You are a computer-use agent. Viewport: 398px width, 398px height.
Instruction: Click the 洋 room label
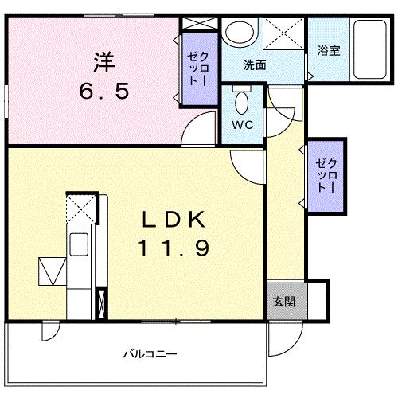click(x=104, y=63)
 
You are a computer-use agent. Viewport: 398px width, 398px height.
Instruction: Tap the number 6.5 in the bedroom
click(x=104, y=91)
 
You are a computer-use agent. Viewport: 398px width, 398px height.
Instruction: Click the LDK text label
click(x=174, y=219)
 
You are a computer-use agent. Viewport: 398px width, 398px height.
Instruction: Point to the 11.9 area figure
click(x=174, y=248)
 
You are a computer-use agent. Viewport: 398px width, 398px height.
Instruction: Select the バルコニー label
click(x=150, y=354)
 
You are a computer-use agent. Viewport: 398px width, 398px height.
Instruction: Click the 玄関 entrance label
click(x=284, y=302)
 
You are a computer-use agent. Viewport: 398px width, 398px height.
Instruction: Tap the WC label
click(x=243, y=125)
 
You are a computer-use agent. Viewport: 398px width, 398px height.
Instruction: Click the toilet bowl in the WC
click(x=241, y=103)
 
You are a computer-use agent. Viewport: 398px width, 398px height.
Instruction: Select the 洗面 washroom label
click(x=255, y=65)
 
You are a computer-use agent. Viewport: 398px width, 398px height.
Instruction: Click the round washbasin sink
click(x=239, y=32)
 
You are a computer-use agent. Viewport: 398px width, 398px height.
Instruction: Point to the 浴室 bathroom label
click(x=329, y=50)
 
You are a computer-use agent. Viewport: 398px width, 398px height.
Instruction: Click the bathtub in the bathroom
click(x=370, y=49)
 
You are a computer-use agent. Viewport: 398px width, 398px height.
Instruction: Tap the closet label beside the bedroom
click(x=198, y=69)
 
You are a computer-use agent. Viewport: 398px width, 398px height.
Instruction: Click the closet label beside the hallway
click(x=326, y=175)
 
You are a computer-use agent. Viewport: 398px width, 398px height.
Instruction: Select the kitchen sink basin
click(x=79, y=244)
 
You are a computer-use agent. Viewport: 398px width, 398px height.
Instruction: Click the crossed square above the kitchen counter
click(x=81, y=209)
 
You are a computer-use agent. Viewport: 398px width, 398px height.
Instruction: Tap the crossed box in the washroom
click(x=283, y=33)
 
